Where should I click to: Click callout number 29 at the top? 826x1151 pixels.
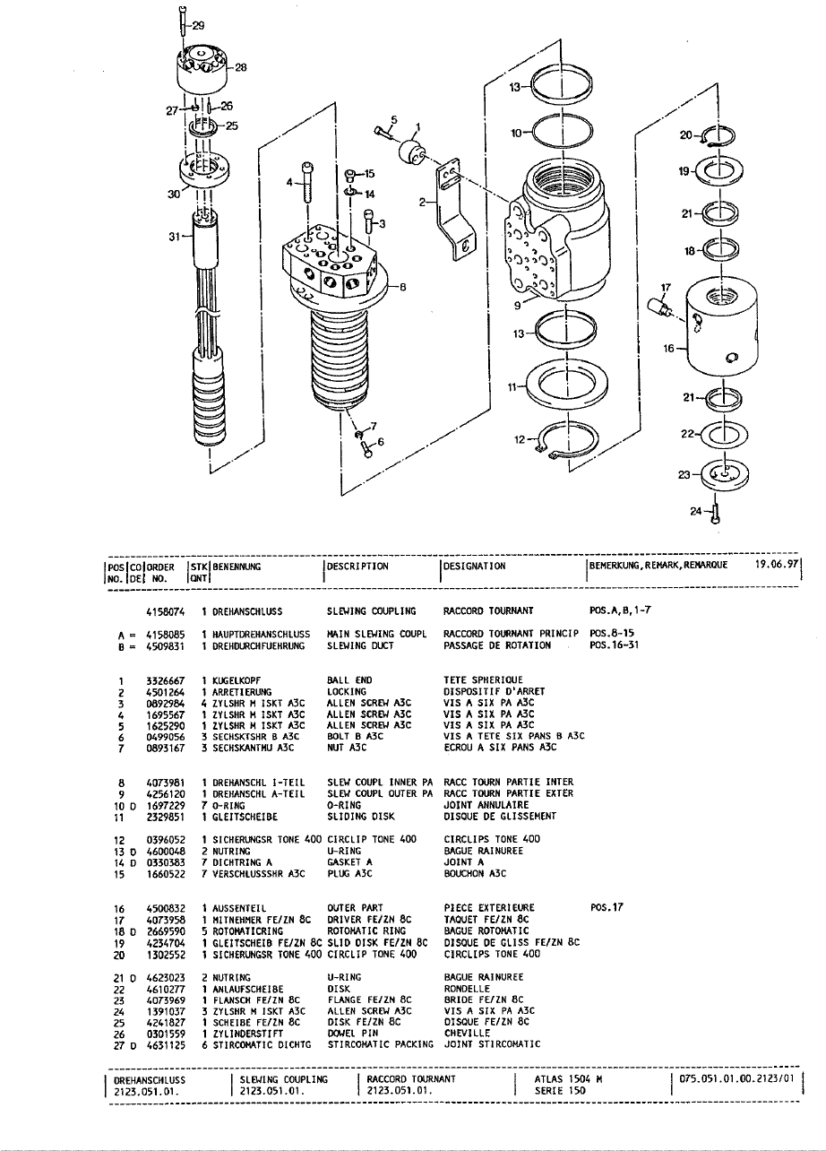pyautogui.click(x=198, y=26)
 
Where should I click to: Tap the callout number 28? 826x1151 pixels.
pyautogui.click(x=240, y=67)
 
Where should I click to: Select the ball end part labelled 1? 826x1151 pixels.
pyautogui.click(x=412, y=151)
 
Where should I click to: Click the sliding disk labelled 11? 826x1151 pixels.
pyautogui.click(x=567, y=385)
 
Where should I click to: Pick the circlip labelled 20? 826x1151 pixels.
pyautogui.click(x=718, y=136)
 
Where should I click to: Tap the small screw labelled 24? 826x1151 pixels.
pyautogui.click(x=717, y=515)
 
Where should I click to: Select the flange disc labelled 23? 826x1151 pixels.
pyautogui.click(x=724, y=475)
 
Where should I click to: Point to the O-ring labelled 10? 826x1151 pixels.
pyautogui.click(x=562, y=134)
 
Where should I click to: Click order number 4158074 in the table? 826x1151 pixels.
pyautogui.click(x=166, y=612)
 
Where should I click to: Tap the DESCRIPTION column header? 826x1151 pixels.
pyautogui.click(x=357, y=567)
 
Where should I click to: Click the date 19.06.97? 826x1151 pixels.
pyautogui.click(x=777, y=564)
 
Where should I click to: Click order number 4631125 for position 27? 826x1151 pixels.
pyautogui.click(x=166, y=1045)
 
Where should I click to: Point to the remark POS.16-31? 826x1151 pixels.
pyautogui.click(x=615, y=645)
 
